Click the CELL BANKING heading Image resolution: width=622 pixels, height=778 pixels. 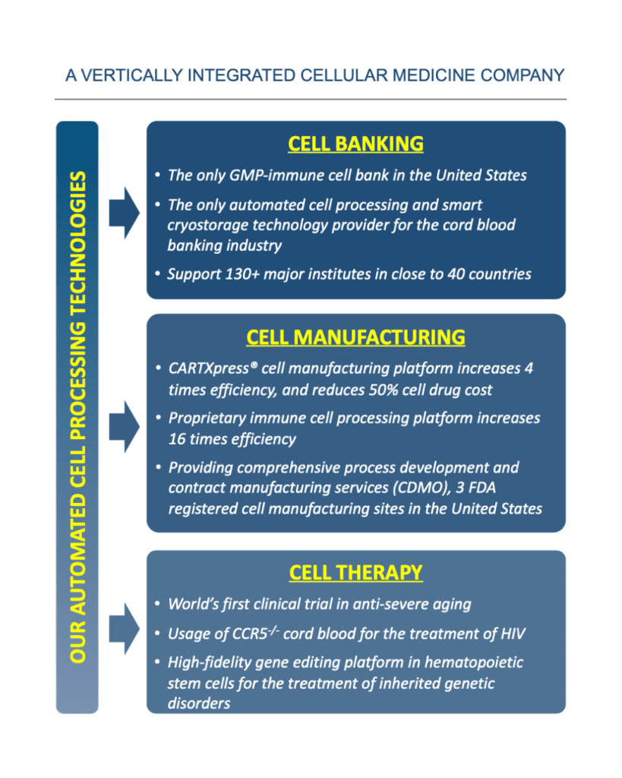coord(355,144)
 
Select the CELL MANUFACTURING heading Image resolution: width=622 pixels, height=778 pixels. coord(355,337)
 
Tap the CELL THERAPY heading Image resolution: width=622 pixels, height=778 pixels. coord(355,573)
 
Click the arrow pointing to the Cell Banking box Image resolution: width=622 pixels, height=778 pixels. coord(124,213)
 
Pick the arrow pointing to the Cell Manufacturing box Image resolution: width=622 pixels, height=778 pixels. coord(124,426)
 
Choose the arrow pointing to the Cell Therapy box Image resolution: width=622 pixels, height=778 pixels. coord(124,628)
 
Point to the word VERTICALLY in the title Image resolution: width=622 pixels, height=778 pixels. coord(131,75)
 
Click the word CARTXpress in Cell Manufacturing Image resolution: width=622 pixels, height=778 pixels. coord(209,368)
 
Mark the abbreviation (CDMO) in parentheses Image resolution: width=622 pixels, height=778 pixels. coord(422,488)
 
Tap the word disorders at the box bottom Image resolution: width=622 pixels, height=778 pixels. coord(199,704)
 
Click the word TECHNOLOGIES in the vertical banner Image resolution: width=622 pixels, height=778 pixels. coord(78,243)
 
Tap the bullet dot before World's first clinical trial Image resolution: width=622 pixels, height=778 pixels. coord(158,604)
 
